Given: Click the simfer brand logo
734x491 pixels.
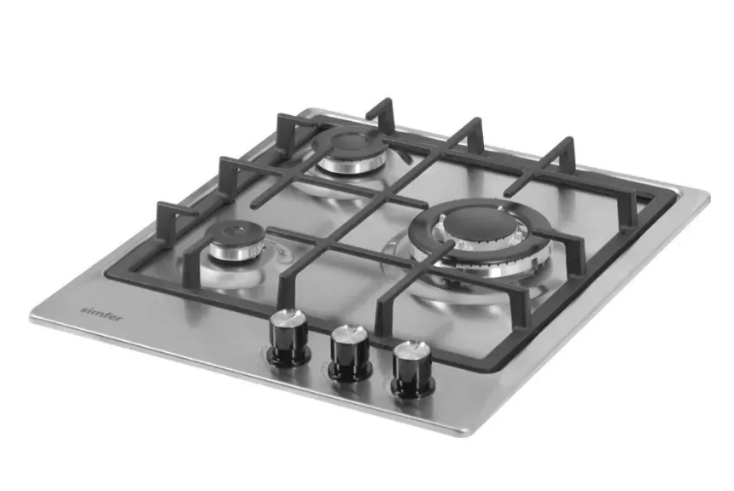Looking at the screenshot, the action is click(x=102, y=314).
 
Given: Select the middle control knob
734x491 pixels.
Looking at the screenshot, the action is click(x=350, y=353).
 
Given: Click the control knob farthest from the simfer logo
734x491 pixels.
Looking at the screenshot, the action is click(x=412, y=369).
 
